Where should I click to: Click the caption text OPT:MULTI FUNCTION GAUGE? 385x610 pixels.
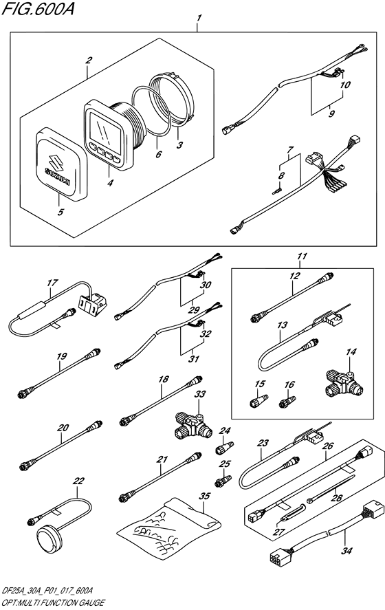coord(52,602)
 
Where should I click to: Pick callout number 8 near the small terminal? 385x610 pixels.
coord(280,176)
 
